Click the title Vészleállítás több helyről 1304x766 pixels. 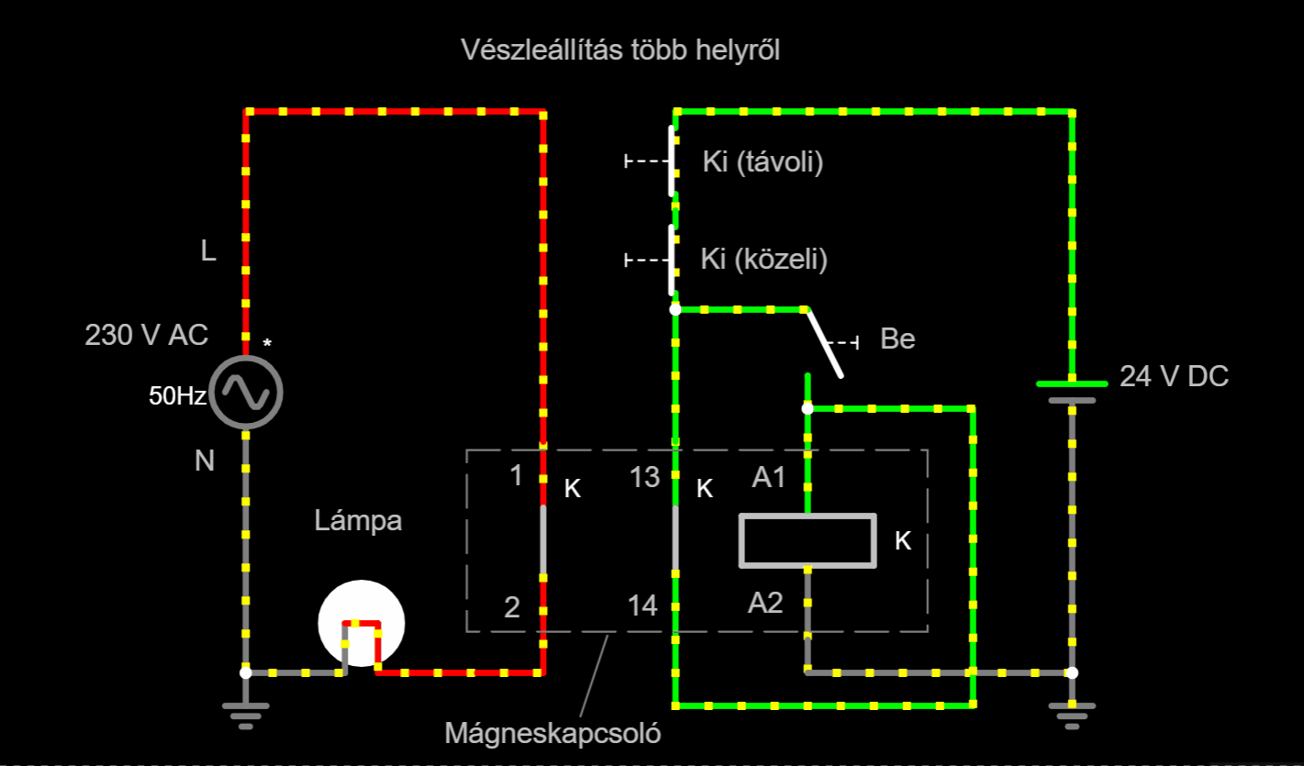(x=620, y=50)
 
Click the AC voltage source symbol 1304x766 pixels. (x=246, y=393)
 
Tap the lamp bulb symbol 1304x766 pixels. (x=361, y=624)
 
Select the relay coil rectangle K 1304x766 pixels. (x=808, y=540)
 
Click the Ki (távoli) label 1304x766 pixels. (x=763, y=161)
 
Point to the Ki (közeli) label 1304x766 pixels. (x=763, y=259)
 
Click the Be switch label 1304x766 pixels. (x=897, y=339)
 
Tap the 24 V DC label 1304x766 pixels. (x=1175, y=376)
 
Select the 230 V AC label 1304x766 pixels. (x=147, y=335)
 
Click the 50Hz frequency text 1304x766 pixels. (x=177, y=395)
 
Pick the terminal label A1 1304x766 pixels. (x=768, y=477)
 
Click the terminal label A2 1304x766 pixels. (x=765, y=603)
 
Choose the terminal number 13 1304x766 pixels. (x=644, y=477)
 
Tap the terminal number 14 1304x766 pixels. (x=642, y=606)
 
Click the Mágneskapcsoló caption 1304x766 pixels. (x=552, y=733)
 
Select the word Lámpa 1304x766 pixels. (x=358, y=520)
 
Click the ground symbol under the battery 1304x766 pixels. (x=1072, y=716)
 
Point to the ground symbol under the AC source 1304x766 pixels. (x=246, y=716)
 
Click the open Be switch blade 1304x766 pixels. (x=824, y=343)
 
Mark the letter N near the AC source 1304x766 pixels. (x=205, y=461)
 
